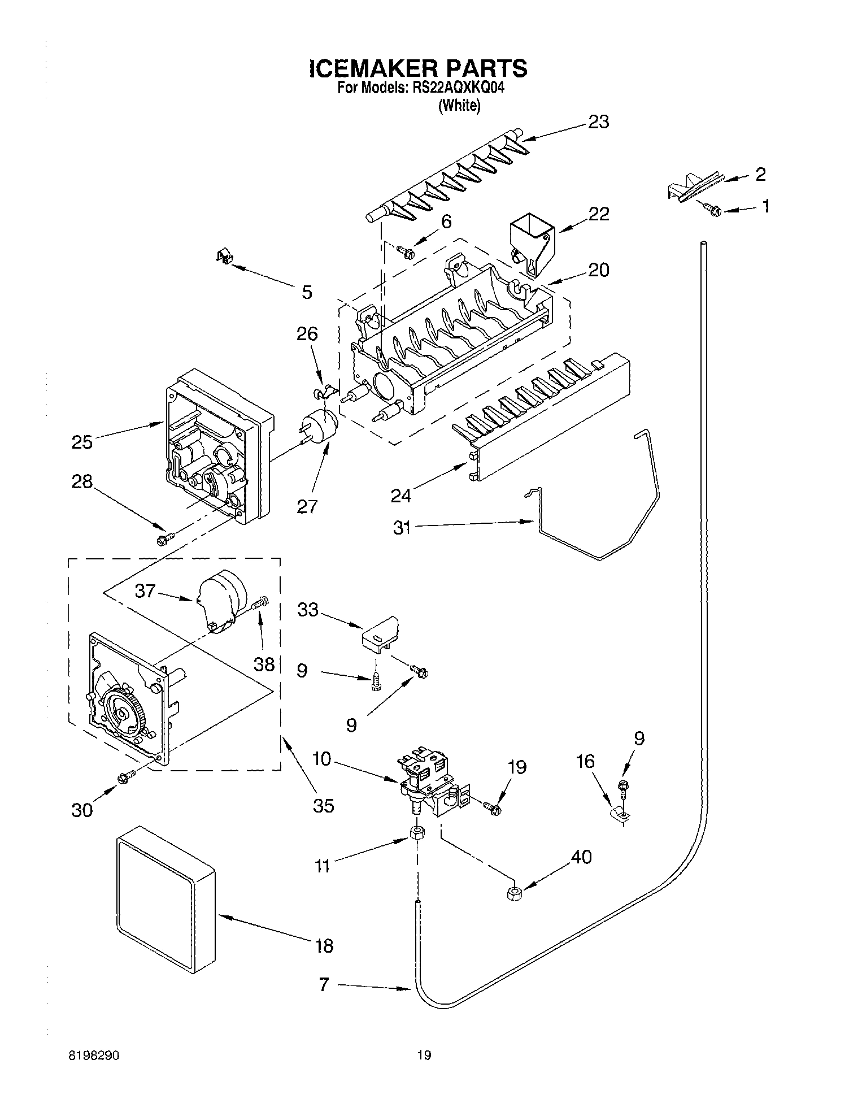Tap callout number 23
[x=599, y=122]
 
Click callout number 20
[x=598, y=270]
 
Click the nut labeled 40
[x=513, y=893]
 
